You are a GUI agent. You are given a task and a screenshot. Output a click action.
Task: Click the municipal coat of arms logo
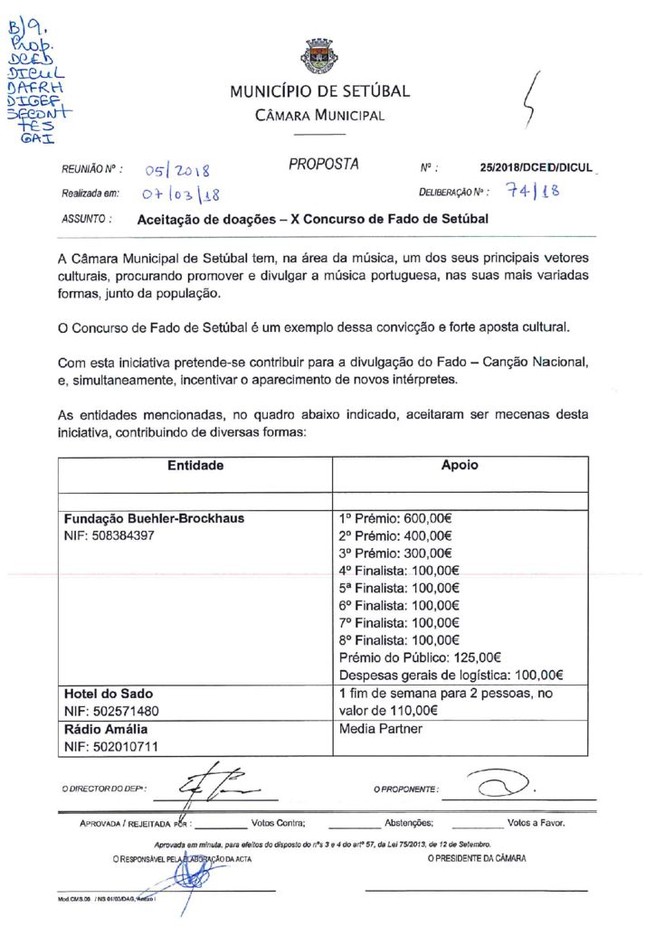coord(319,55)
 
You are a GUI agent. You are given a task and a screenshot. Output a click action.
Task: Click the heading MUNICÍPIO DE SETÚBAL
coord(319,91)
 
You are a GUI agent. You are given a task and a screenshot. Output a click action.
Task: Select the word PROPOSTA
coord(324,165)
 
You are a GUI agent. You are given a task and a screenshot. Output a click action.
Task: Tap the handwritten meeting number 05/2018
coord(177,170)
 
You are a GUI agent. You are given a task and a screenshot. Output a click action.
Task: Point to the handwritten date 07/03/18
coord(181,194)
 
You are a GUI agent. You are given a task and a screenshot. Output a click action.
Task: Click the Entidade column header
coord(195,467)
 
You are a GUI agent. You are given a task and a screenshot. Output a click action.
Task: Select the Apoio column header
coord(460,467)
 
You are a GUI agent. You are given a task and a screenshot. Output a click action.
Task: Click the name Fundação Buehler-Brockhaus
coord(154,519)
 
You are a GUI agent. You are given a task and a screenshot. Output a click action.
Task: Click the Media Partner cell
coord(380,728)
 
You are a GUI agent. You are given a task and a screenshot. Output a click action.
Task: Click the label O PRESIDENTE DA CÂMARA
coord(476,858)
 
